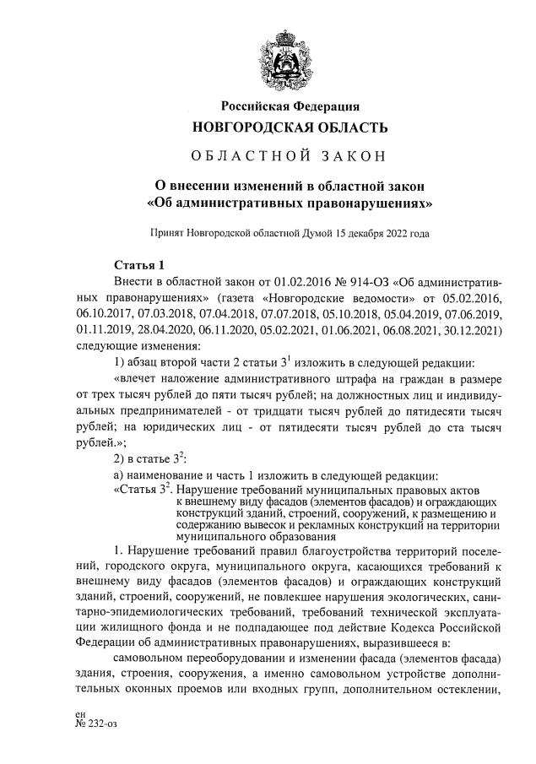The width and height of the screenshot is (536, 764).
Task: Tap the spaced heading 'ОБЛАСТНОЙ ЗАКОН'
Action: coord(290,156)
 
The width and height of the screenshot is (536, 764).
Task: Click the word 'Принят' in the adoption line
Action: coord(166,233)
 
